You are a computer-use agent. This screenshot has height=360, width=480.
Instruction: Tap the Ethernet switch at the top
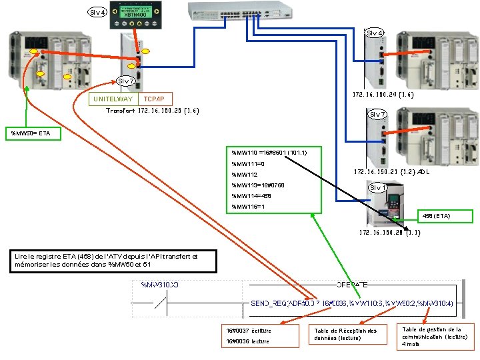point(240,11)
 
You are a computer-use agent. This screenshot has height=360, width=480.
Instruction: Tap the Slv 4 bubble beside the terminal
point(98,12)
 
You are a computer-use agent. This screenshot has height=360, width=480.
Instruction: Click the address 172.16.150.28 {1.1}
point(389,233)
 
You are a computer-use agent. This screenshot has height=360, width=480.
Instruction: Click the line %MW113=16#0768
point(257,185)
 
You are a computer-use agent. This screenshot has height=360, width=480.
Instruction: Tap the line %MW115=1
point(248,207)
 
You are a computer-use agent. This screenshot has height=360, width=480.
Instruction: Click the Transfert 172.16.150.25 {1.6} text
point(153,110)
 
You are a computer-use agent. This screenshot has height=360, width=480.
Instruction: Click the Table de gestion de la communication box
point(436,337)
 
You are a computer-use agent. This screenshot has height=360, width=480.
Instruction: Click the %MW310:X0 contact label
point(159,285)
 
